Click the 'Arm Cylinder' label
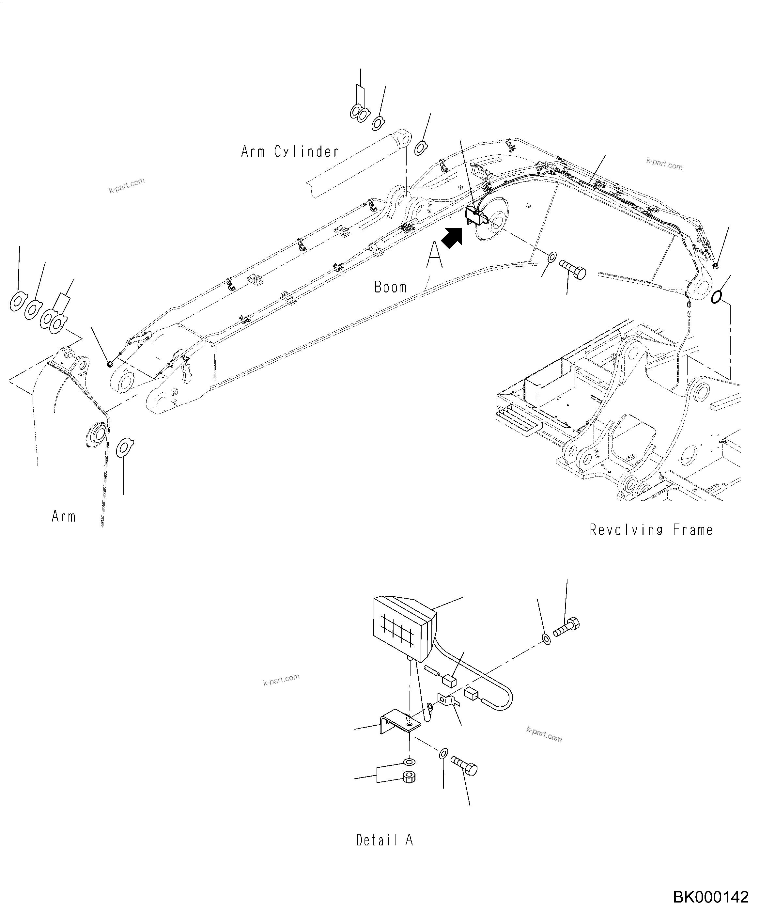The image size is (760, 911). click(290, 152)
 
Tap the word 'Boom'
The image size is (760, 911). click(390, 287)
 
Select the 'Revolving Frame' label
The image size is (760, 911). click(651, 530)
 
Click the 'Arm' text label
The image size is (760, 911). click(63, 517)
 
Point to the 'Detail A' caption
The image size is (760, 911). click(384, 840)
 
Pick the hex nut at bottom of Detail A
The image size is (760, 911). click(409, 777)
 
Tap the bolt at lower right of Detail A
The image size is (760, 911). click(464, 766)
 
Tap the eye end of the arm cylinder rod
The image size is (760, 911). click(99, 138)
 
